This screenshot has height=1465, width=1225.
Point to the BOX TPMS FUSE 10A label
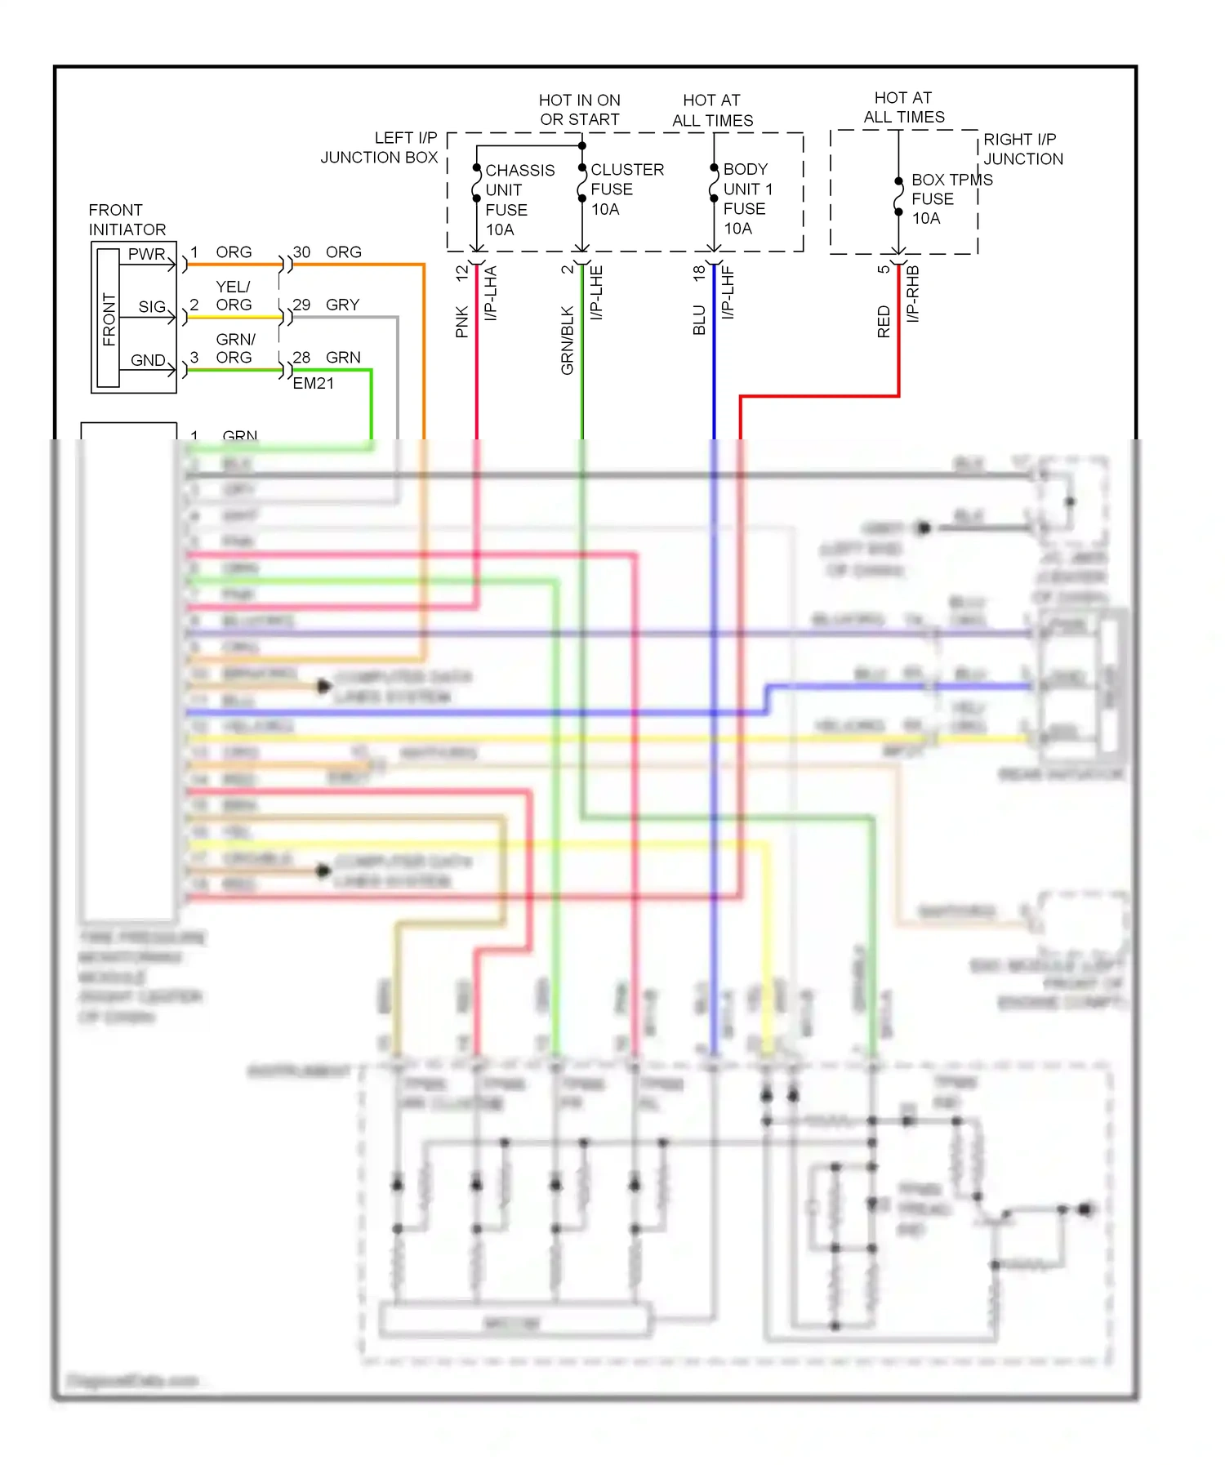point(950,198)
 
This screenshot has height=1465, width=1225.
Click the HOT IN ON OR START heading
point(579,109)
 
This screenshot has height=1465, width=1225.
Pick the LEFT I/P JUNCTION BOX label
point(380,148)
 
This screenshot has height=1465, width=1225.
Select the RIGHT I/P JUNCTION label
point(1022,149)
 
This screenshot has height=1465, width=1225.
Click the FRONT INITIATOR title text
point(127,220)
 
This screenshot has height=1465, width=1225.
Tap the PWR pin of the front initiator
point(146,254)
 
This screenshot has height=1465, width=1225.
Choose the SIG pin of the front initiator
point(152,306)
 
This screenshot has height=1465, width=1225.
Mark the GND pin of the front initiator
point(148,359)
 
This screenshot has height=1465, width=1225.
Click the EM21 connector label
point(313,383)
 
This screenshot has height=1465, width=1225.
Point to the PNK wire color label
point(462,322)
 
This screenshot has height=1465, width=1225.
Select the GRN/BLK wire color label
point(567,340)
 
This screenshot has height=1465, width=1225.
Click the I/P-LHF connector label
point(728,292)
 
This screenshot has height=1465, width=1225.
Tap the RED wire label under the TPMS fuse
point(884,322)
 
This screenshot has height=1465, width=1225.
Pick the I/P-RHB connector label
point(913,293)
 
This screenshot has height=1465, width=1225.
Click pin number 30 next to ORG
point(301,252)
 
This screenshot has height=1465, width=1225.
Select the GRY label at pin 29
point(342,305)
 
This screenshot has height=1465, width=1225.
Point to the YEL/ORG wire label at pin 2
point(234,296)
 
